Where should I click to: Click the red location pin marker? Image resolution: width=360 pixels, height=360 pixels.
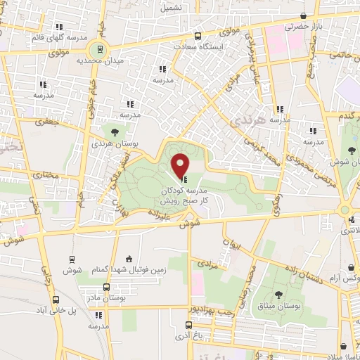[181, 166]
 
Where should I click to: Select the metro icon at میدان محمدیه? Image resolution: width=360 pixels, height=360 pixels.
[100, 49]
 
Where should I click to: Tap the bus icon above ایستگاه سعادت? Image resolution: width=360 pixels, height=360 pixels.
[198, 36]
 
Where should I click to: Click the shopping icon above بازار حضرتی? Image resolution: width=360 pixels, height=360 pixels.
[303, 16]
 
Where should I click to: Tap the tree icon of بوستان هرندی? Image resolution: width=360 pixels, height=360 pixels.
[115, 131]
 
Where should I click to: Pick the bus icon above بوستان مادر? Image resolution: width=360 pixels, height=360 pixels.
[106, 287]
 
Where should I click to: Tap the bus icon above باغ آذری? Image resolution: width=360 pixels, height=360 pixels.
[188, 325]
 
